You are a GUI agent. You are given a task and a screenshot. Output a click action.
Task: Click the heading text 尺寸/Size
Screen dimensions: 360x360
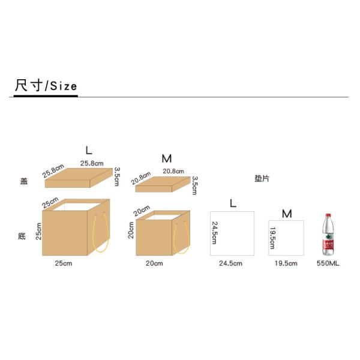[46, 85]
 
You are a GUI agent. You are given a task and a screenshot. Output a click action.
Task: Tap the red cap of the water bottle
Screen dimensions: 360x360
[328, 215]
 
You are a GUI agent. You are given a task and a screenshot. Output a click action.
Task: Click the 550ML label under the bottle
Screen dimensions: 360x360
[328, 263]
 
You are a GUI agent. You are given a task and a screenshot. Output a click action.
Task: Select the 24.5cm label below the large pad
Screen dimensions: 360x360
[230, 263]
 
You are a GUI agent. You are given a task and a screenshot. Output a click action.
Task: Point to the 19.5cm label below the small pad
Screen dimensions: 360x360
[286, 263]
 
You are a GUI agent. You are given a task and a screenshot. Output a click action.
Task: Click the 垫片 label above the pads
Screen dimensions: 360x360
[262, 178]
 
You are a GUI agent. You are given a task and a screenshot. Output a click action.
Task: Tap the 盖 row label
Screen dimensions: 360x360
[24, 181]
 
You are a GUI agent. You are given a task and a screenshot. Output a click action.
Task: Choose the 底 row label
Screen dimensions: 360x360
[22, 236]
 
